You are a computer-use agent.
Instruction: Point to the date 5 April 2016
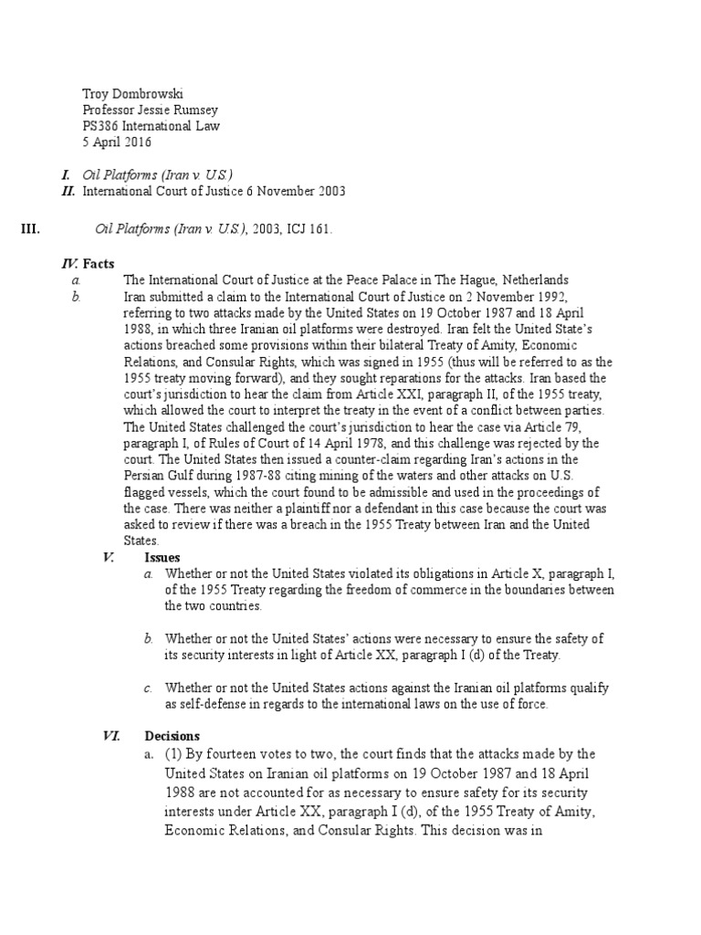117,142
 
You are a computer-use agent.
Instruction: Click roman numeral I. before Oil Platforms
66,174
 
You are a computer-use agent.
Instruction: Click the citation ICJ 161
309,229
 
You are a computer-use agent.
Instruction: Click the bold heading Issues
162,557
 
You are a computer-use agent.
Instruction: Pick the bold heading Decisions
173,736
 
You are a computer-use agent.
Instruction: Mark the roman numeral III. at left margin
30,229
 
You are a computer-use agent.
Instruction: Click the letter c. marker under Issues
149,688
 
